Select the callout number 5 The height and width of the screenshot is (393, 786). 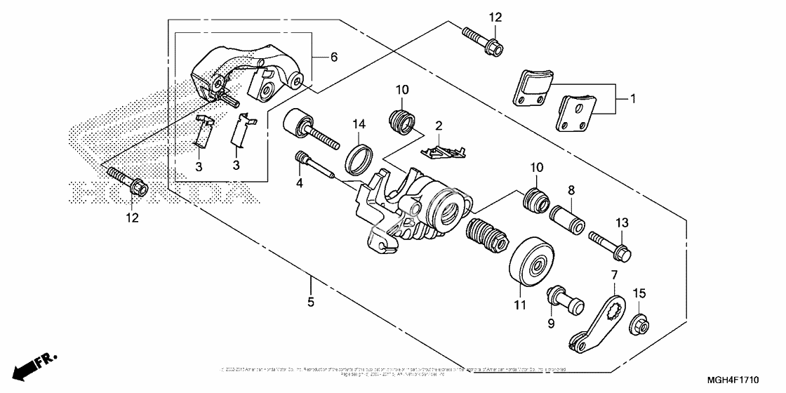(310, 303)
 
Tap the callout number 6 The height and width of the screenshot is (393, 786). (334, 58)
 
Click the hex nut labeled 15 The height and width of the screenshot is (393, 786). (640, 324)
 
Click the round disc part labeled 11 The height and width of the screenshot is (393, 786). (532, 265)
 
